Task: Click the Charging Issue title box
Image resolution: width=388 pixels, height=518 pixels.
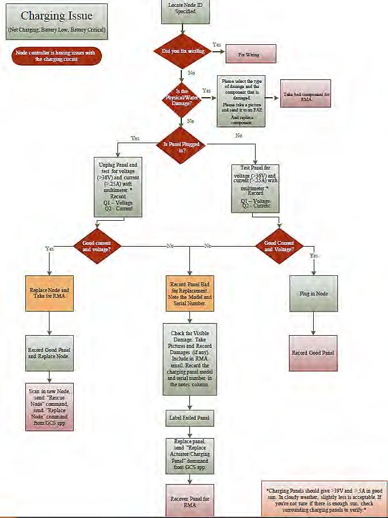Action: coord(57,22)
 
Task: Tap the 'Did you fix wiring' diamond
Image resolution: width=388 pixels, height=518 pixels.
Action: coord(181,51)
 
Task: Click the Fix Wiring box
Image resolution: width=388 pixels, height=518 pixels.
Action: coord(249,55)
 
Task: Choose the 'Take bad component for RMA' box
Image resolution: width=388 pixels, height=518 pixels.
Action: coord(306,93)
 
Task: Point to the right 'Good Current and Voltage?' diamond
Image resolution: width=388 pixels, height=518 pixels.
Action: coord(279,246)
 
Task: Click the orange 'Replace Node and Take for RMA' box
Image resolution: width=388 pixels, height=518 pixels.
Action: coord(50,294)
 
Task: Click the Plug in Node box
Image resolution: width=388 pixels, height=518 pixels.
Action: coord(314,293)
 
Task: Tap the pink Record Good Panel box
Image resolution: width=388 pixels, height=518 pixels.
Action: coord(313,352)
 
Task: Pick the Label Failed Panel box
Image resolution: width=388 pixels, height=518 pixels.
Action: coord(189,418)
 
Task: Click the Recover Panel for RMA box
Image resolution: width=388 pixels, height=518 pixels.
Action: coord(189,501)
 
